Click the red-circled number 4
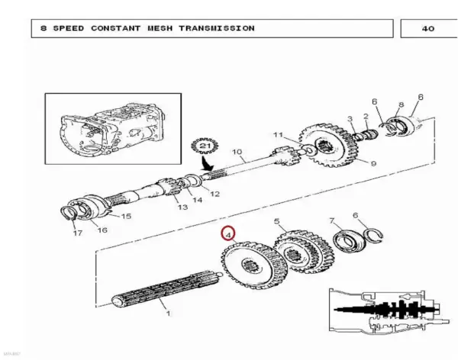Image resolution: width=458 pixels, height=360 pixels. [x=228, y=234]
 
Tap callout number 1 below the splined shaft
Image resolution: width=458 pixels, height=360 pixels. [x=168, y=313]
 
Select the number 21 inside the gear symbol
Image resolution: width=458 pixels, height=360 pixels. [x=205, y=146]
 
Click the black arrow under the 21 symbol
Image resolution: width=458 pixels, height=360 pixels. [x=207, y=163]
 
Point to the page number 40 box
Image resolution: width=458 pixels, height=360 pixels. [x=429, y=29]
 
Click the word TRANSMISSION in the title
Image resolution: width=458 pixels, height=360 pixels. [x=217, y=28]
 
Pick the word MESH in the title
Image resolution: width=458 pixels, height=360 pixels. [x=160, y=28]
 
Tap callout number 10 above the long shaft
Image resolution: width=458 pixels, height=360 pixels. [x=237, y=152]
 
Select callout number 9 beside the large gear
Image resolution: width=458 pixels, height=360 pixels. [x=373, y=163]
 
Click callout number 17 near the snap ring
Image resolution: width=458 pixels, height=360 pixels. [x=78, y=233]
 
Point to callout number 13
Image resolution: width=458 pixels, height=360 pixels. [x=182, y=207]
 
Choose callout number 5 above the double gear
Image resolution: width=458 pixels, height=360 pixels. [x=277, y=221]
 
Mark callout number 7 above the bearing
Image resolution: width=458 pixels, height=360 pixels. [x=331, y=220]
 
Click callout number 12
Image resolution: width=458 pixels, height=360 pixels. [x=214, y=194]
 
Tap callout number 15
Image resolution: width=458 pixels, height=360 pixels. [x=126, y=216]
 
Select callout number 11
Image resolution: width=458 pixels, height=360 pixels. [x=279, y=134]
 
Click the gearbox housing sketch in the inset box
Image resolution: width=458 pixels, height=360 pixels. [x=113, y=129]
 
